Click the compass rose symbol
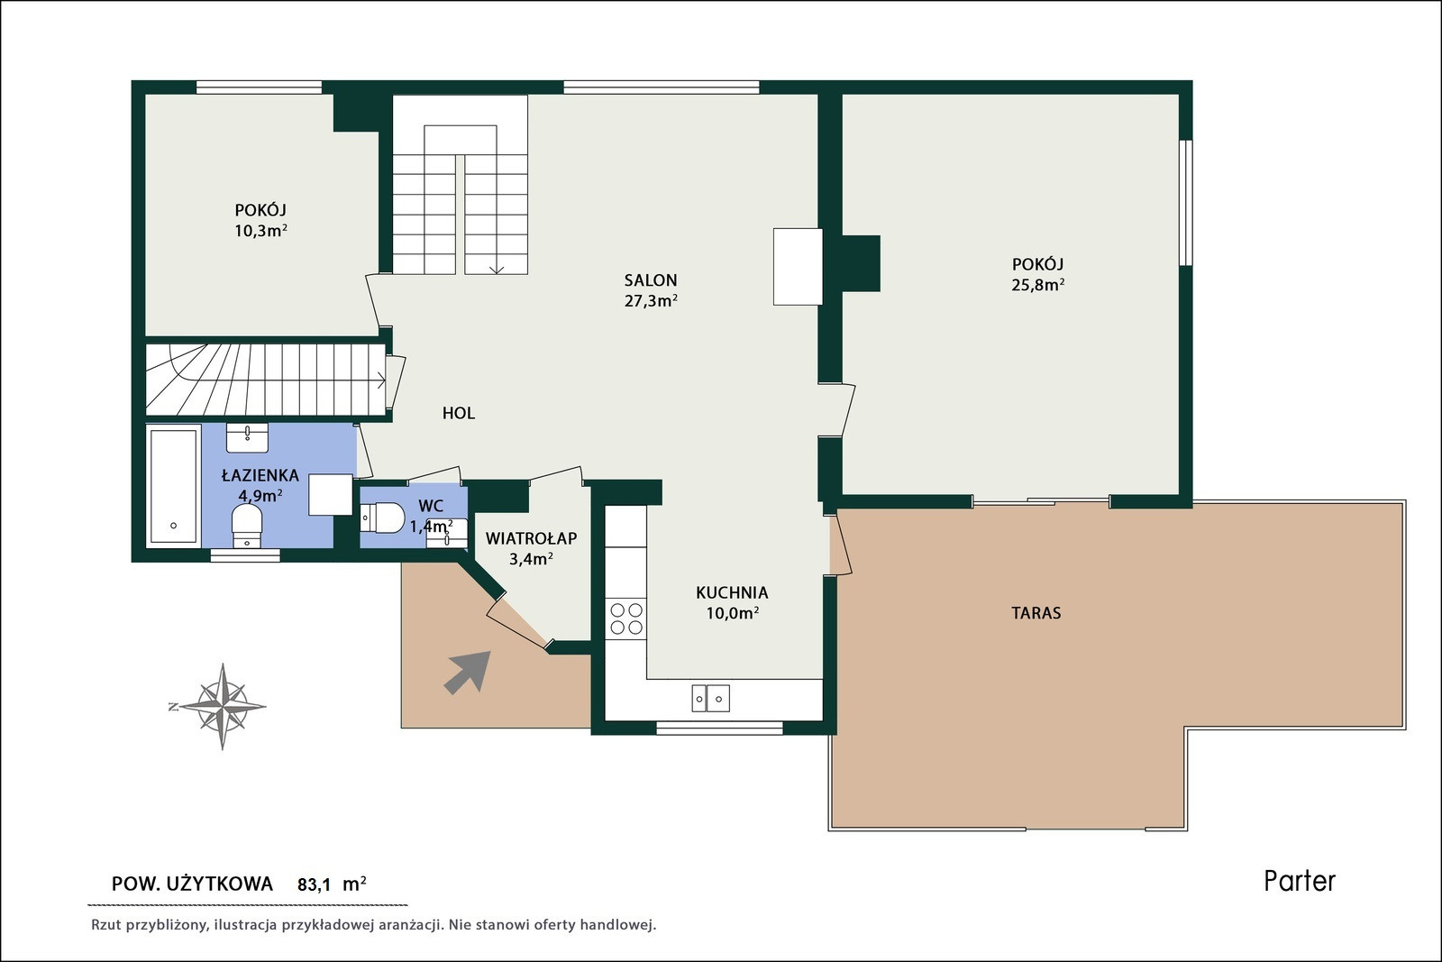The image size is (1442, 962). (222, 706)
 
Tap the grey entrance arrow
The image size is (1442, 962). (468, 673)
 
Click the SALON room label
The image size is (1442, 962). (650, 280)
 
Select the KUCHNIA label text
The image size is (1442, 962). (732, 592)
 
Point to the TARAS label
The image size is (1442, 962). (1036, 613)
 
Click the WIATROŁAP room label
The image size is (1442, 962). (531, 537)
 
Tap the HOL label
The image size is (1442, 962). (459, 414)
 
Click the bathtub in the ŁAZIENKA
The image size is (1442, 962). (173, 486)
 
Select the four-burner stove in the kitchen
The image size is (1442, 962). (626, 618)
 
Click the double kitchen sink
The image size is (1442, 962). (711, 698)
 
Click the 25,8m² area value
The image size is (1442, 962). (1037, 285)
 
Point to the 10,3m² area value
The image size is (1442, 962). (260, 231)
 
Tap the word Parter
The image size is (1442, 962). (1300, 882)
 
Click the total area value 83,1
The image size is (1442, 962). (315, 884)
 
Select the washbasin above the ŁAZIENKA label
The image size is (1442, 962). (247, 438)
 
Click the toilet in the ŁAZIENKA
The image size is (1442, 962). (247, 526)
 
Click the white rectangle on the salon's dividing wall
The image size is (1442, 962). (798, 267)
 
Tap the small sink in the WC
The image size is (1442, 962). (447, 534)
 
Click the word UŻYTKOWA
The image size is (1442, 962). (220, 884)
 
